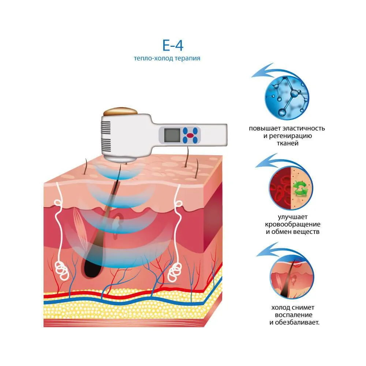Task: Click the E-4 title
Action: (x=173, y=45)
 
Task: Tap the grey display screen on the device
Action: (x=172, y=135)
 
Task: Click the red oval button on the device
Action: (x=190, y=135)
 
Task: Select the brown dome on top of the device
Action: (x=120, y=112)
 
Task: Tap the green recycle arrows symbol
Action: (x=300, y=188)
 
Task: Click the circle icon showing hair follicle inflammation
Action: (x=292, y=277)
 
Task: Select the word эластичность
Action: (x=303, y=128)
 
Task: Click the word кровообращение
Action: (x=292, y=224)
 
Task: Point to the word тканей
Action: (x=288, y=143)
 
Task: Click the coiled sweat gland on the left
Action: (x=61, y=270)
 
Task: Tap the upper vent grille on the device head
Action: (x=106, y=128)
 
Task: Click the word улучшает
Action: (x=292, y=217)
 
